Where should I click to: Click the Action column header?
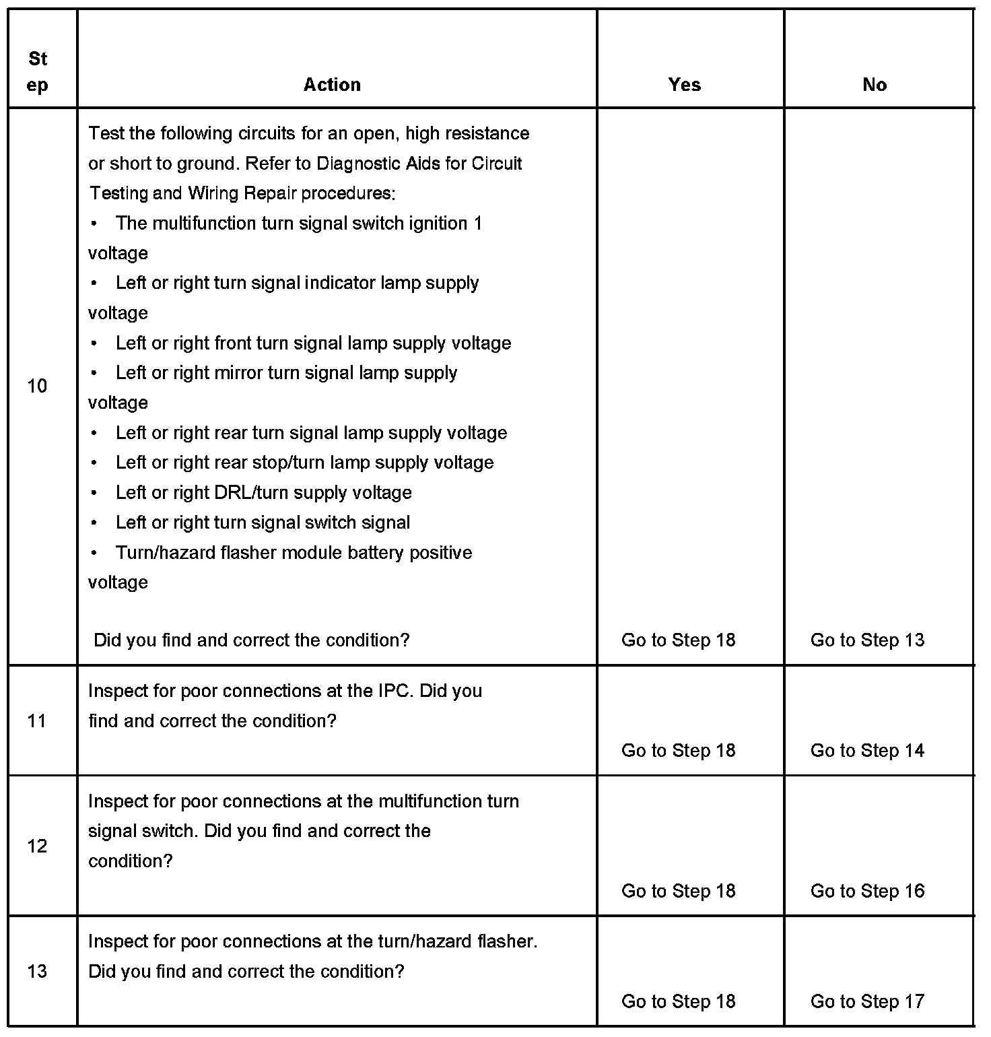pos(332,85)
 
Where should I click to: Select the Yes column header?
pos(684,85)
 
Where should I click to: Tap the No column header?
pos(874,85)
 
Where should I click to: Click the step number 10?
pos(37,386)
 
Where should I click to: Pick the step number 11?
pos(37,721)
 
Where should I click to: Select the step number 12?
pos(37,846)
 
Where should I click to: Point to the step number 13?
pos(37,971)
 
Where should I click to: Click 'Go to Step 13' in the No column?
pos(867,640)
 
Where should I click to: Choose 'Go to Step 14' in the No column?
pos(867,751)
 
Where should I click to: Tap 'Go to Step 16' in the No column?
pos(867,891)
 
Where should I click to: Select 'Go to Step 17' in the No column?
pos(867,1001)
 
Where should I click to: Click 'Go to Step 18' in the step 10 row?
pos(678,640)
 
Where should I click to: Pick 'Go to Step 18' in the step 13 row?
pos(678,1001)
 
